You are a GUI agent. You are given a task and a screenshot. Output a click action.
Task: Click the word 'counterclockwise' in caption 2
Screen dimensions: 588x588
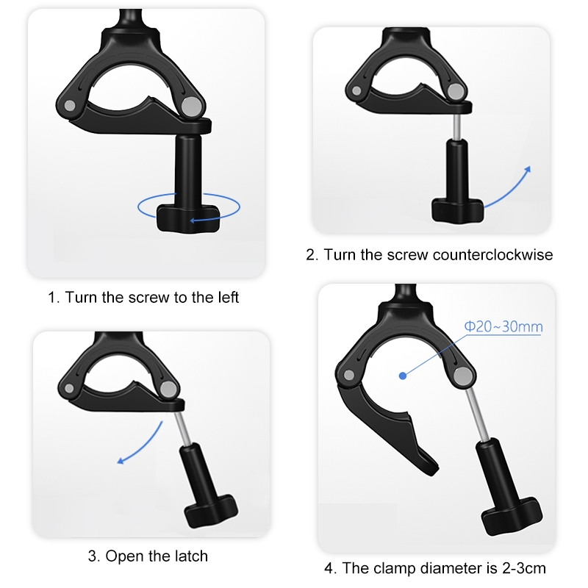pos(492,255)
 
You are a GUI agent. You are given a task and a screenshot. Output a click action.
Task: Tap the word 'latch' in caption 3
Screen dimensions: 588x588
pos(190,556)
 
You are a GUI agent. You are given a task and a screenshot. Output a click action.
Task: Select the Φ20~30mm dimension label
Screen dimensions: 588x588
pos(503,326)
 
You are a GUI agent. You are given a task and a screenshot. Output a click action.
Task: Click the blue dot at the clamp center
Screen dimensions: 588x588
pos(403,376)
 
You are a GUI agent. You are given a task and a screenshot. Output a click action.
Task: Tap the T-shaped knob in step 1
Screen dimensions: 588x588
pos(188,218)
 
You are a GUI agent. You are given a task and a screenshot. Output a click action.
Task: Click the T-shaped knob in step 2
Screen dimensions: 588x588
pos(458,210)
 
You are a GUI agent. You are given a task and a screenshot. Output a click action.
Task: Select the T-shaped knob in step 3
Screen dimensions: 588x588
pos(212,510)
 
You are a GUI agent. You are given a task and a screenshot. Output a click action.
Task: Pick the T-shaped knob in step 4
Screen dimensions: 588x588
pos(512,515)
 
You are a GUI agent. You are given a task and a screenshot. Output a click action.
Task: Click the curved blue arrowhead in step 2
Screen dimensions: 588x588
pos(528,170)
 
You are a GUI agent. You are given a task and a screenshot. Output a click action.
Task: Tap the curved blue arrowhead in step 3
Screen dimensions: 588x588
pos(121,461)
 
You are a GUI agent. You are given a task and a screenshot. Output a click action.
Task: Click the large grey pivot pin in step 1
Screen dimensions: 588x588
pos(191,106)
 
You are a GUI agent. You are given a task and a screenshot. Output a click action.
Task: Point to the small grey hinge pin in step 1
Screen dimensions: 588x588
pos(70,105)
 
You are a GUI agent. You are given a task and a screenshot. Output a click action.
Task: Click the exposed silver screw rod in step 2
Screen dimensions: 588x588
pos(456,126)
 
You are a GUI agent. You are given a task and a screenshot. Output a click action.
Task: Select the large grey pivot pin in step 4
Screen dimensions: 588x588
pos(462,375)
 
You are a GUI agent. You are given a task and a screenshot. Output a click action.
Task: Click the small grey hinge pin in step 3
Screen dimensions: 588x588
pos(69,388)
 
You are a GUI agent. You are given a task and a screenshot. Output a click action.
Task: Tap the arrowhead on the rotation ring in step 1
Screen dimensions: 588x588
pos(193,220)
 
